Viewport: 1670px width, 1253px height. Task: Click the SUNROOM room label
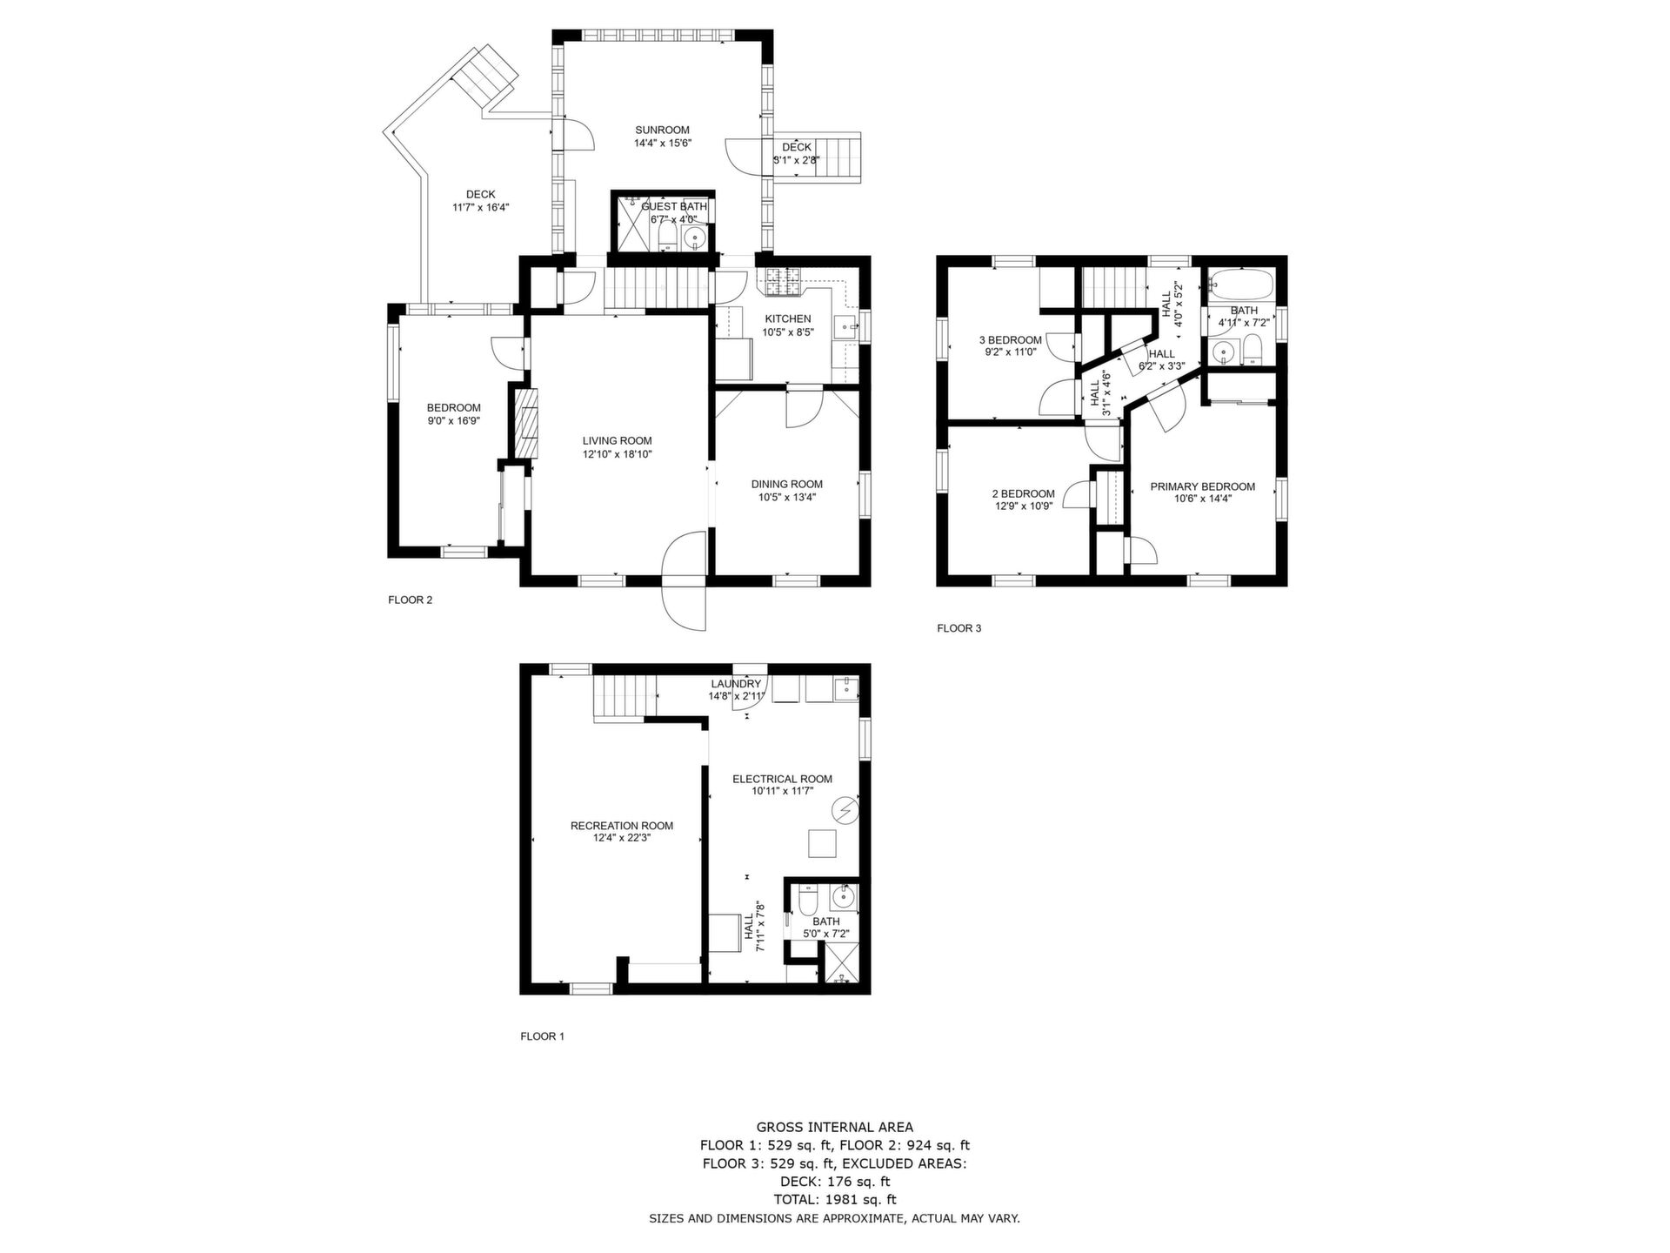[662, 131]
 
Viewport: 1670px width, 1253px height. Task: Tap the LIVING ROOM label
[617, 441]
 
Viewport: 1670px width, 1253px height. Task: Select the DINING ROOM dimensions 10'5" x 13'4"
[786, 498]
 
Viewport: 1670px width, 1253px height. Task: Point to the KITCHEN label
[787, 319]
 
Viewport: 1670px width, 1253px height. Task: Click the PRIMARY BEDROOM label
[1202, 487]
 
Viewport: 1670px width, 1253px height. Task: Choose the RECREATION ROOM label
[621, 826]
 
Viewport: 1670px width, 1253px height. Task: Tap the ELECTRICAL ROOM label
[782, 780]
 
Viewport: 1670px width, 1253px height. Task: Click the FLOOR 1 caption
[542, 1036]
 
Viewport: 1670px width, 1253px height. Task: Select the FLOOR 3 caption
[959, 628]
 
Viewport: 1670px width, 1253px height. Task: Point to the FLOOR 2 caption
[410, 600]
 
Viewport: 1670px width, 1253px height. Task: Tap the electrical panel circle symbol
[844, 811]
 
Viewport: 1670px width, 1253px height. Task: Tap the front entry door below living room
[684, 580]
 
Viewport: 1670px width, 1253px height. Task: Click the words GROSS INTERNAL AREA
[834, 1128]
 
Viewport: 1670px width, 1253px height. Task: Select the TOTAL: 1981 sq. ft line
[834, 1200]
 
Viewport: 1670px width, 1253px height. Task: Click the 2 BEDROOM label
[1024, 493]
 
